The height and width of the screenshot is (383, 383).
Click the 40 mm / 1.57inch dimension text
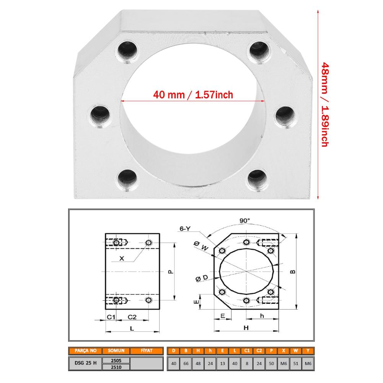click(x=193, y=95)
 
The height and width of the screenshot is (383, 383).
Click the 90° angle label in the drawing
click(x=244, y=220)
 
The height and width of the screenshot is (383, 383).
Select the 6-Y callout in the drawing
click(x=184, y=228)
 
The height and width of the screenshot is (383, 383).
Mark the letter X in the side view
click(x=122, y=258)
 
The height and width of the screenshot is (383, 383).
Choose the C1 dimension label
click(x=111, y=317)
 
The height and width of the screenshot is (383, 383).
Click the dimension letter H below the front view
click(x=246, y=328)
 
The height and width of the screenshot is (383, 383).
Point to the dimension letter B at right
click(x=292, y=271)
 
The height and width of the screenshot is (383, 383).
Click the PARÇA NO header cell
click(x=85, y=350)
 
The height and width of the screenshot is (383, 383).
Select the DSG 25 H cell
click(x=85, y=363)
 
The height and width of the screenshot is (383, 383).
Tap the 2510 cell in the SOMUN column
click(x=116, y=367)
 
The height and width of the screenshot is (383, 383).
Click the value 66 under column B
click(x=186, y=363)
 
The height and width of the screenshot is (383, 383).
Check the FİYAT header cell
click(x=147, y=350)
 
